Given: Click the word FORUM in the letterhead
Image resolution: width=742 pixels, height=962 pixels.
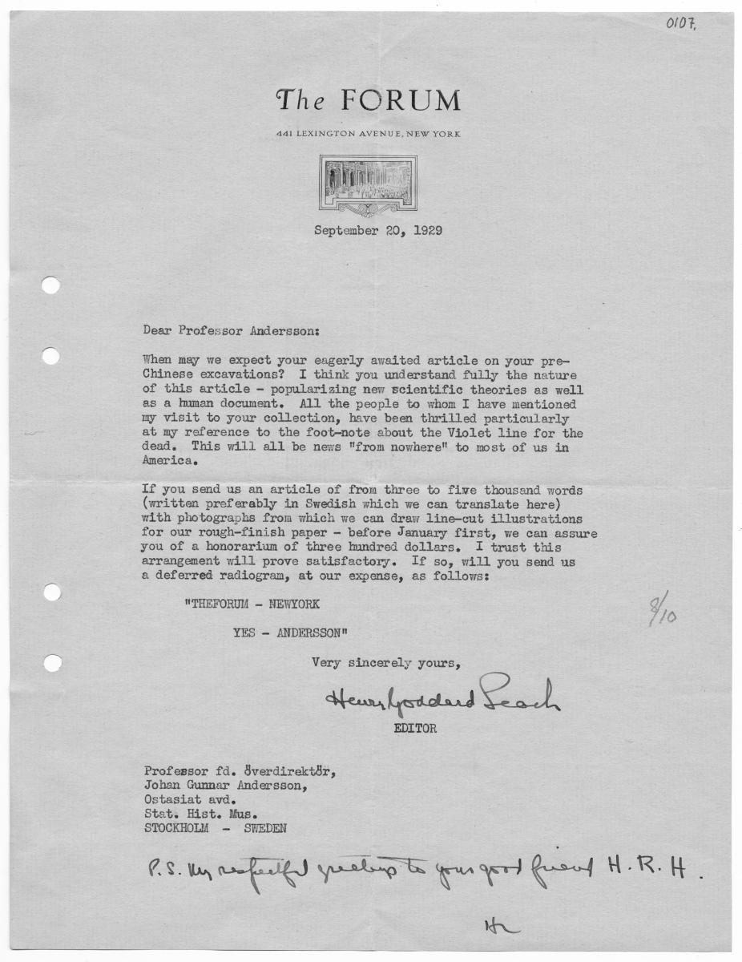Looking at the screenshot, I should [401, 101].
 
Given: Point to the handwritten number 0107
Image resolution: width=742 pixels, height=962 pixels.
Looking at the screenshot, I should [680, 25].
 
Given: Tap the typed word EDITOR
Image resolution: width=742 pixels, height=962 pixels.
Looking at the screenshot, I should [414, 729].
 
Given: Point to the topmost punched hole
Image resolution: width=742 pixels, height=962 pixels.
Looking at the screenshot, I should [50, 285].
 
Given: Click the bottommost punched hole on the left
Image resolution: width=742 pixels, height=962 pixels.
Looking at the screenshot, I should [51, 663].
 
